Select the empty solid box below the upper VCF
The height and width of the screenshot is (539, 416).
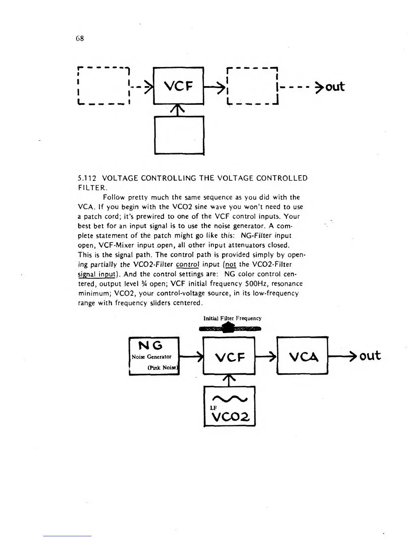(179, 135)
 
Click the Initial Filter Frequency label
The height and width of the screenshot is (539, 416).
(232, 318)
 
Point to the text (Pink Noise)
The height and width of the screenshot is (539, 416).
(163, 367)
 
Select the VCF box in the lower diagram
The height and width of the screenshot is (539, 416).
(228, 356)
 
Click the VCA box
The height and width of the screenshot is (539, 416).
(302, 356)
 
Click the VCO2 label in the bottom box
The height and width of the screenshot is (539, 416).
(229, 415)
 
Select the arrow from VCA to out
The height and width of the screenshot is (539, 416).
(342, 356)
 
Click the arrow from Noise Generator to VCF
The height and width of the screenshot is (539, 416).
(191, 356)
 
